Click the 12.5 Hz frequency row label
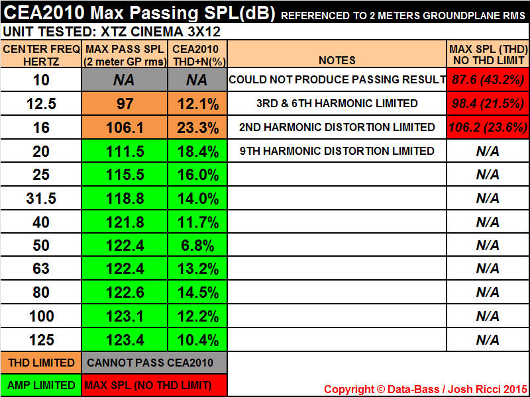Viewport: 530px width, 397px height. [x=42, y=103]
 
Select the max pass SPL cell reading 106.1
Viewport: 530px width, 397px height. [x=125, y=127]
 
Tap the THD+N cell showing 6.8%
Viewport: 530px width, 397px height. [x=197, y=245]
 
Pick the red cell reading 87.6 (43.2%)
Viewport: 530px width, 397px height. [x=488, y=80]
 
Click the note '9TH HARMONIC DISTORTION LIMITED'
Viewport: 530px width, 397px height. [x=337, y=151]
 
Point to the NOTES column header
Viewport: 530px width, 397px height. [x=337, y=60]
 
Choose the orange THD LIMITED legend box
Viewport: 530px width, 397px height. [x=42, y=362]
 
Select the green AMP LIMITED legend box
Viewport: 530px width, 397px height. [x=42, y=385]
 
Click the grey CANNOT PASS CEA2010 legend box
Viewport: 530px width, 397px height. [x=155, y=362]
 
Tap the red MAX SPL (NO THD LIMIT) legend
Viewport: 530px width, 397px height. [x=155, y=385]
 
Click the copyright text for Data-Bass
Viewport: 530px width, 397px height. [x=425, y=389]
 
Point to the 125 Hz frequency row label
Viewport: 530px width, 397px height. [x=42, y=340]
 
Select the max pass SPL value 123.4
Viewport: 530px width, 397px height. [x=125, y=340]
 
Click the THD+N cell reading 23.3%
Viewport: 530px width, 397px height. [x=197, y=127]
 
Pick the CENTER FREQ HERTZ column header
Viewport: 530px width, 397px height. [x=42, y=54]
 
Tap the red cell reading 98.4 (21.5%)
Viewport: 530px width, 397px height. [x=488, y=103]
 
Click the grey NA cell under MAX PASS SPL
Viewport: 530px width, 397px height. [x=125, y=80]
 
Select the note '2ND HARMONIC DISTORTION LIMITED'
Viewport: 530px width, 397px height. [x=337, y=127]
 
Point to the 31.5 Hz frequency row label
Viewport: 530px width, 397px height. [x=42, y=198]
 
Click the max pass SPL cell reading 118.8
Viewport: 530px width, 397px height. [x=125, y=198]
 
